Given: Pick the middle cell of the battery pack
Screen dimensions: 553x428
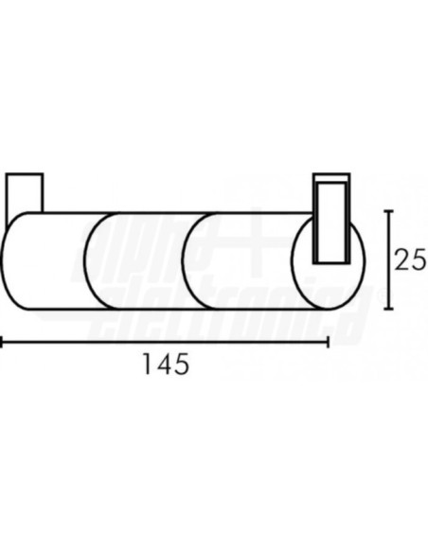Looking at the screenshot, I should coord(142,260).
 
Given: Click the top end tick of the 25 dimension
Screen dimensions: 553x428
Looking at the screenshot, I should coord(386,210).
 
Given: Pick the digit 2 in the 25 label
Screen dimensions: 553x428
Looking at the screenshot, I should coord(403,259).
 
